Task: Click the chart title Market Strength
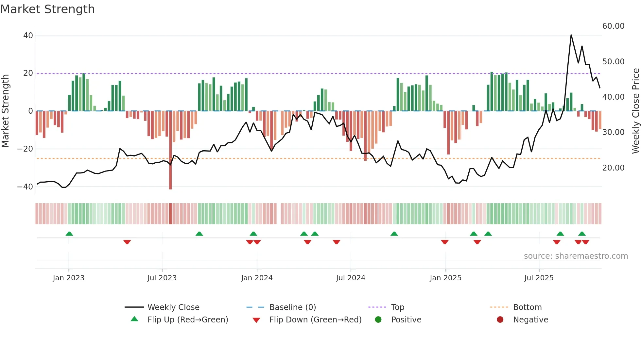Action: [x=47, y=9]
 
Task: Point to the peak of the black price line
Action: [x=571, y=35]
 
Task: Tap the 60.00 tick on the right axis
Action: [x=613, y=26]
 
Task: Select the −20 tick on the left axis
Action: [x=25, y=149]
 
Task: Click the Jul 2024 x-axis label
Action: [x=350, y=278]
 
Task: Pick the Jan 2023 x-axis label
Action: [x=68, y=278]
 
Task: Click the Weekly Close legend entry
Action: [x=173, y=307]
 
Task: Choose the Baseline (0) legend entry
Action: [x=292, y=307]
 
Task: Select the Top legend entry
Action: [x=397, y=307]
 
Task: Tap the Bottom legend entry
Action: [x=527, y=307]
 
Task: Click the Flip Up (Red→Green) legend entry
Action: [x=187, y=320]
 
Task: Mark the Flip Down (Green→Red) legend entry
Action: [x=315, y=320]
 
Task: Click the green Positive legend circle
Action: [x=378, y=320]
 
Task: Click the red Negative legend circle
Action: [x=500, y=320]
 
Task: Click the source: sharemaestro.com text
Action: [x=576, y=256]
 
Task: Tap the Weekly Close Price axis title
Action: [x=635, y=111]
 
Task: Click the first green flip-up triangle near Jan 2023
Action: [x=69, y=234]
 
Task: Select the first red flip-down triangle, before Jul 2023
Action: [x=127, y=242]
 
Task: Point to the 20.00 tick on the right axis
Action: [x=613, y=168]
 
